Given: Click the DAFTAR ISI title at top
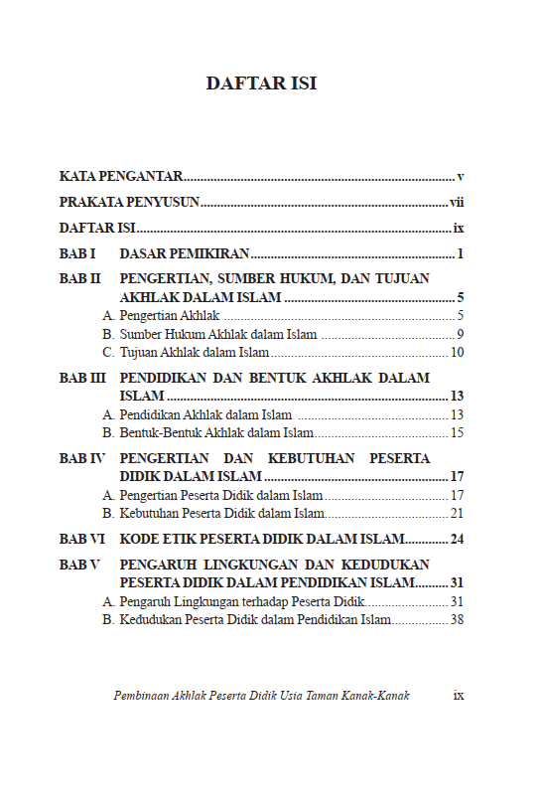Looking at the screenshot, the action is (261, 83).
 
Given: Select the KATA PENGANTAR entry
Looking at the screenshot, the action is (120, 177).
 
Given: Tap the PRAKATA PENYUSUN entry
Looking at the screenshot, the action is (129, 203).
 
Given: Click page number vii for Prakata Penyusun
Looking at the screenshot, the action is (457, 203).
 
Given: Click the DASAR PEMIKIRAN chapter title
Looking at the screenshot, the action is (184, 253).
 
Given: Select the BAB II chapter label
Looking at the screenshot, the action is (80, 279).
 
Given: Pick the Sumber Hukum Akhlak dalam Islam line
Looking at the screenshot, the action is (217, 334).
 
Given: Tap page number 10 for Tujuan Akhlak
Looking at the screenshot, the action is (458, 352).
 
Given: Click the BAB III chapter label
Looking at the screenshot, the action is (82, 379).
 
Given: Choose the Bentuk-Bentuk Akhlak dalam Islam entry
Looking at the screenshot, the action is (216, 432).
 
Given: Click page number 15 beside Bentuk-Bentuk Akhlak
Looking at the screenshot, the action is (458, 432).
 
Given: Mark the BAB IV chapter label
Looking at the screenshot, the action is (82, 459).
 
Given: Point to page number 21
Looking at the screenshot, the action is (458, 513).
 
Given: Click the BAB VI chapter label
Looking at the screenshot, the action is (82, 540).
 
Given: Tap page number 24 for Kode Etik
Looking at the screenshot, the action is (458, 540).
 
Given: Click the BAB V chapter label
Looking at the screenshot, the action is (80, 566).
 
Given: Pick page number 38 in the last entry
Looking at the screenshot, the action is (458, 619).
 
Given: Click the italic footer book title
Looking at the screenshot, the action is (261, 696).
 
